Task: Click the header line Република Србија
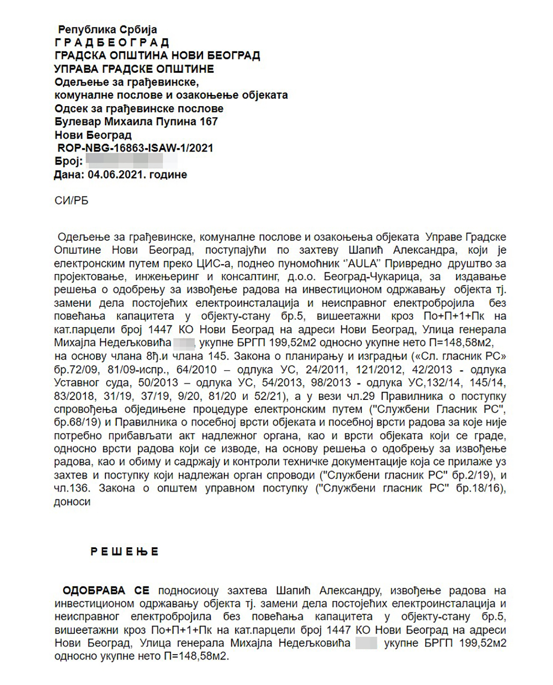click(x=107, y=30)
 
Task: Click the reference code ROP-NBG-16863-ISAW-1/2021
click(x=135, y=148)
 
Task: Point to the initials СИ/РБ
click(x=71, y=201)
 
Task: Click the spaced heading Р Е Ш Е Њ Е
click(x=125, y=551)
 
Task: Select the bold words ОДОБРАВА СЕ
click(x=106, y=591)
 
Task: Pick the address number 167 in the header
click(x=208, y=122)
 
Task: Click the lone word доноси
click(x=72, y=502)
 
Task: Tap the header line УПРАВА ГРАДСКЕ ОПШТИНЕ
click(x=134, y=69)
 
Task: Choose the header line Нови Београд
click(x=93, y=135)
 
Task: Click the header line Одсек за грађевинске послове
click(x=139, y=109)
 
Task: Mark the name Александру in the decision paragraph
click(x=350, y=591)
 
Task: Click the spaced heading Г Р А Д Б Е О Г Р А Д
click(x=112, y=43)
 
